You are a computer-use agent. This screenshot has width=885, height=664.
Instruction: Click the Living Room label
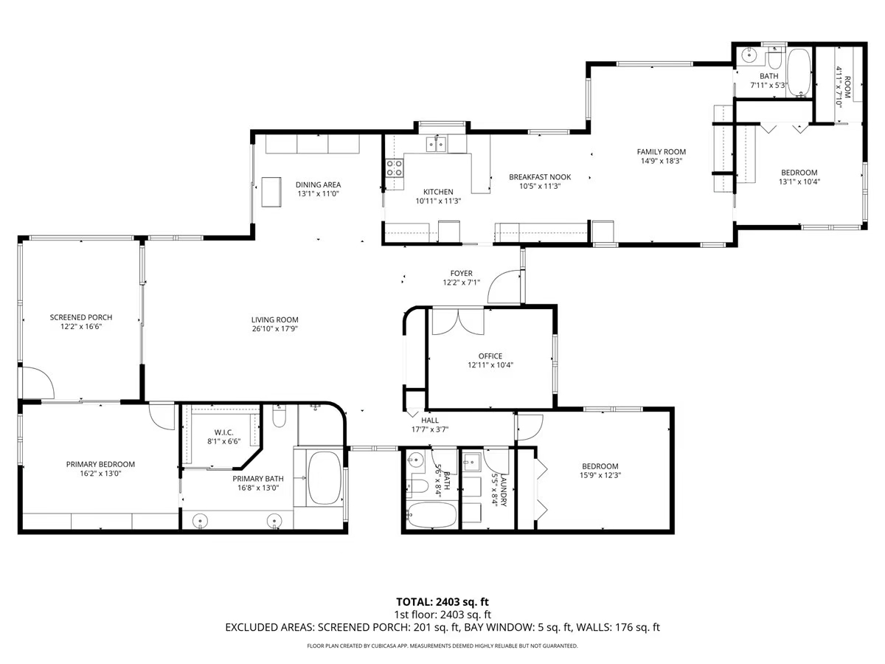pyautogui.click(x=274, y=319)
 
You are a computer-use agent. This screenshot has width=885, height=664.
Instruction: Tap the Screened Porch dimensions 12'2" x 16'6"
pyautogui.click(x=81, y=325)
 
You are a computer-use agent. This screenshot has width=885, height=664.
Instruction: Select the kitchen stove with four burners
pyautogui.click(x=395, y=168)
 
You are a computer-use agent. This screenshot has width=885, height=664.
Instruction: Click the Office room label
pyautogui.click(x=490, y=356)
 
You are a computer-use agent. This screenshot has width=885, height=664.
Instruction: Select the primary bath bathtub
pyautogui.click(x=324, y=477)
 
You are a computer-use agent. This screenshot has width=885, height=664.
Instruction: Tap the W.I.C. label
pyautogui.click(x=223, y=432)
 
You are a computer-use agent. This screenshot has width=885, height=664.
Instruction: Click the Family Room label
pyautogui.click(x=661, y=152)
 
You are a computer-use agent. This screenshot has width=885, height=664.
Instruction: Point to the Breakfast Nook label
pyautogui.click(x=550, y=177)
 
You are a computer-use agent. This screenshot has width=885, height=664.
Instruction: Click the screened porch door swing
pyautogui.click(x=37, y=382)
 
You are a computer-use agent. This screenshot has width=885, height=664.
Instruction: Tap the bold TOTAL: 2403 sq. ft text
pyautogui.click(x=442, y=601)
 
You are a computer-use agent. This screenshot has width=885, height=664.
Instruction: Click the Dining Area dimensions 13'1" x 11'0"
pyautogui.click(x=319, y=194)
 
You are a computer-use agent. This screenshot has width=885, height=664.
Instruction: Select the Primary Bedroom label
pyautogui.click(x=100, y=464)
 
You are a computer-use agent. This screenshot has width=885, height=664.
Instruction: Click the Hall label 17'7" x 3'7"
pyautogui.click(x=430, y=425)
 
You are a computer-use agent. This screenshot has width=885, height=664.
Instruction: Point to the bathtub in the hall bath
pyautogui.click(x=431, y=514)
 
